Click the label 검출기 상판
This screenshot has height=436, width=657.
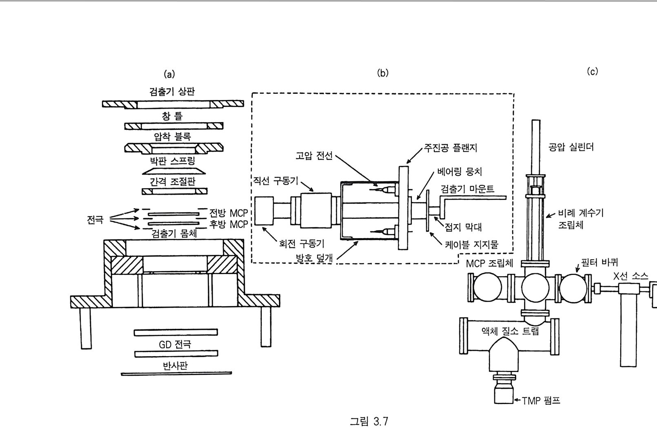[x=172, y=92]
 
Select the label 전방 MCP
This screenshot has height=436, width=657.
[x=229, y=213]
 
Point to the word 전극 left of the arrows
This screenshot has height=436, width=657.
[x=95, y=220]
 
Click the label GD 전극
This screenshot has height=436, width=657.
[x=175, y=344]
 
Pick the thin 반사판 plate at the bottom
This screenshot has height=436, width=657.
[x=176, y=374]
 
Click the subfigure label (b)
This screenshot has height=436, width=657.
[x=383, y=73]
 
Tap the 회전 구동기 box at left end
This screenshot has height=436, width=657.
[x=264, y=211]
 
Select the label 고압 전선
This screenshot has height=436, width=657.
[x=314, y=155]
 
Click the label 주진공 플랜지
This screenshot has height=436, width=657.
[x=450, y=148]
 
